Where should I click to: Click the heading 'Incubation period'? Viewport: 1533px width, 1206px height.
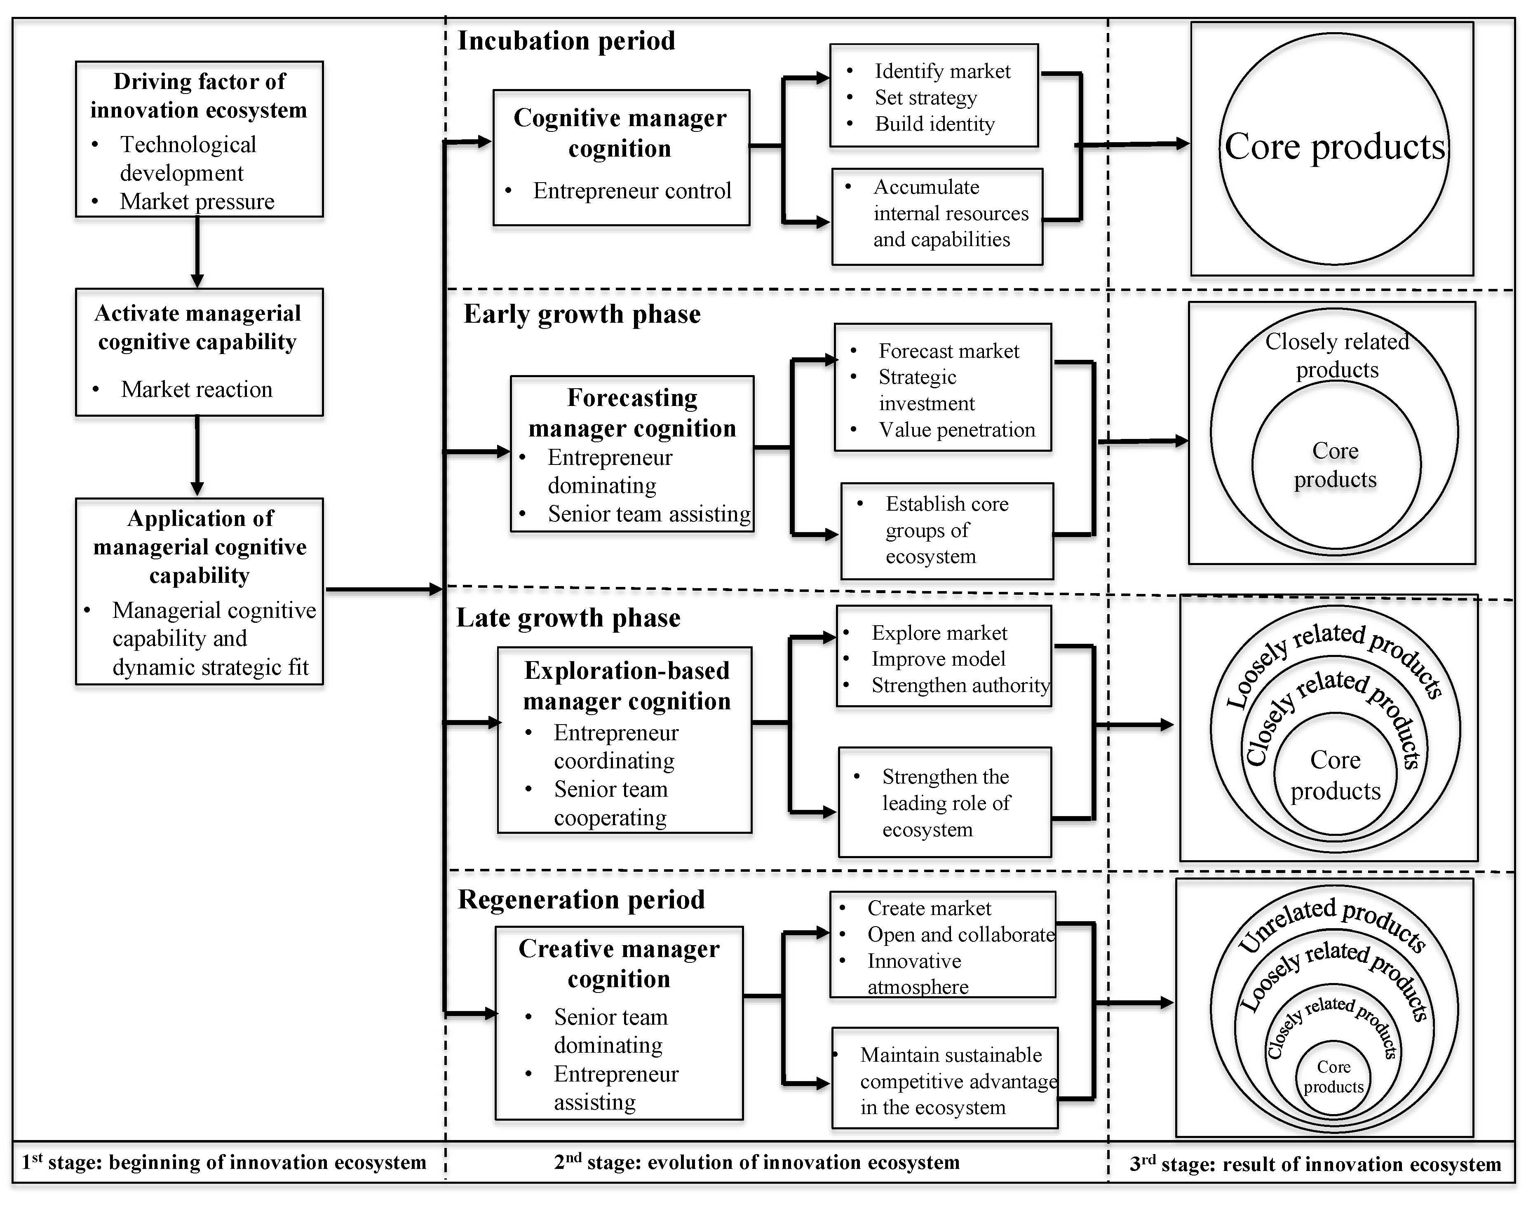click(x=566, y=41)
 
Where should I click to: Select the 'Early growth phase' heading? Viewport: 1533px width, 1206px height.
click(x=582, y=314)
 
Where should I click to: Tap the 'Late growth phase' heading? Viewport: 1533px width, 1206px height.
click(x=568, y=618)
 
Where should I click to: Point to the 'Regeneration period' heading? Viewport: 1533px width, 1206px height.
click(x=581, y=900)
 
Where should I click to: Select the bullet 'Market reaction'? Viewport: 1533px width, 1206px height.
click(x=196, y=389)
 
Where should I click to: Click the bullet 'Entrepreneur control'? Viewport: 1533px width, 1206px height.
click(x=632, y=191)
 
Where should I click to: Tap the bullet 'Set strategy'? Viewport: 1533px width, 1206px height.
click(x=926, y=97)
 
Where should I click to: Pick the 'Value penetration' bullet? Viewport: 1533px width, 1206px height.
click(x=957, y=429)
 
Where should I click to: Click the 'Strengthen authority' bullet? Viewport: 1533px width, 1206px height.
click(x=960, y=685)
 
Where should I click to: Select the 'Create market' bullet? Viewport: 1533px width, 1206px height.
click(x=929, y=908)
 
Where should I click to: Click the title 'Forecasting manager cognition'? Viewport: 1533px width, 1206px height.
click(x=632, y=413)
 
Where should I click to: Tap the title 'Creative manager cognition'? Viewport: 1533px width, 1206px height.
click(x=619, y=964)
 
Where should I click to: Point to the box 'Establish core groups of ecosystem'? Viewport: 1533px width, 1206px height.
click(x=947, y=530)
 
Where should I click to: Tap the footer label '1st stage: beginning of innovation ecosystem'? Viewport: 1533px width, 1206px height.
click(x=224, y=1162)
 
